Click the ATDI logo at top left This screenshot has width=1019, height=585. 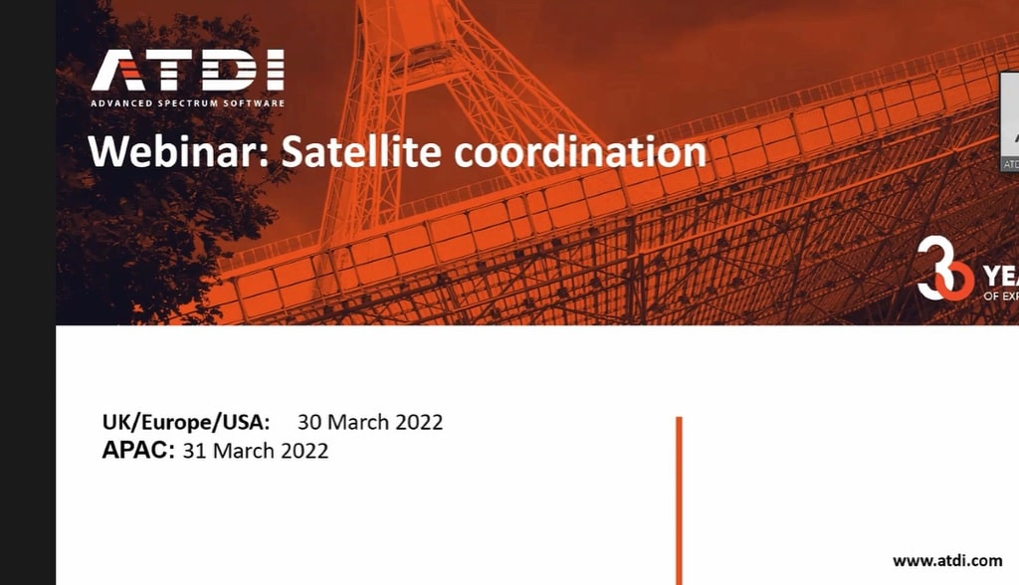point(187,72)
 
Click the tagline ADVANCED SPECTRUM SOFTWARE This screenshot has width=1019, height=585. point(187,103)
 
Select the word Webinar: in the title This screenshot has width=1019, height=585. point(178,152)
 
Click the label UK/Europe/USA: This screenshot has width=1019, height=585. point(186,422)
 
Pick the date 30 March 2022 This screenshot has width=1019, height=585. point(370,422)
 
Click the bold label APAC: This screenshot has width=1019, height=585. point(138,451)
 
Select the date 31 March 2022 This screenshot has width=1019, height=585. point(256,451)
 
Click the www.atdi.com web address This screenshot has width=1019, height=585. point(947,560)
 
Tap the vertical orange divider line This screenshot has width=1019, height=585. point(679,497)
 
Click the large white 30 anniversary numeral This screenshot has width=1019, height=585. point(944,269)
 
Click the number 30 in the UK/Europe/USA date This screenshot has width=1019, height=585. point(309,422)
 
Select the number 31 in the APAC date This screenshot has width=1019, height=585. point(194,451)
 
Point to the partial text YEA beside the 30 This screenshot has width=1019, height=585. point(999,276)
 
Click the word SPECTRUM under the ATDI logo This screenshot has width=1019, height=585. point(187,103)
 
